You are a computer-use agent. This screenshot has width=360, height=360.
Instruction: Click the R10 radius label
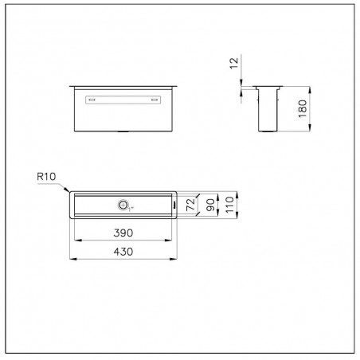46,177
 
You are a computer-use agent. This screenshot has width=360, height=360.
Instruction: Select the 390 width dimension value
123,233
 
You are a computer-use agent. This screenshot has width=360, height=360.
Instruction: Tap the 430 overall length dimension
123,252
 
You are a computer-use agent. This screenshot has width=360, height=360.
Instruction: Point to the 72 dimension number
190,205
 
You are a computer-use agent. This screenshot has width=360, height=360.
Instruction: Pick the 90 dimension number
210,205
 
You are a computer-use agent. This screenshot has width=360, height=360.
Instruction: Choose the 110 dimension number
229,205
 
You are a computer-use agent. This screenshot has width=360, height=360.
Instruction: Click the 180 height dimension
302,109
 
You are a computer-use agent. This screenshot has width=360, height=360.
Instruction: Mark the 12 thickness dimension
234,64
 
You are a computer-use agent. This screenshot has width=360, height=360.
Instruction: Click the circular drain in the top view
123,205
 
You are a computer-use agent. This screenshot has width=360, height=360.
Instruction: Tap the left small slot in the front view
92,100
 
